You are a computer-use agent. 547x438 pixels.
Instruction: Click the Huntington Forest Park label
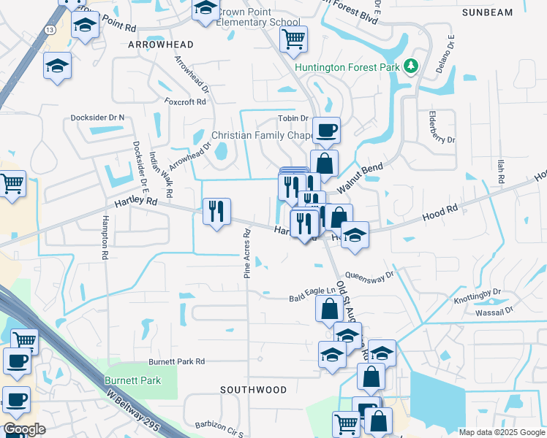[349, 68]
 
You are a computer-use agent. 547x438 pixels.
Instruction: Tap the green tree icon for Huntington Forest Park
[411, 67]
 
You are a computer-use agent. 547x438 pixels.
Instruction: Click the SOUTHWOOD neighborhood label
[254, 390]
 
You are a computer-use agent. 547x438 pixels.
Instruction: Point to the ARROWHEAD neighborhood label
[161, 45]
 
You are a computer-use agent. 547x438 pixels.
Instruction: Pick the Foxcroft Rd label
[185, 101]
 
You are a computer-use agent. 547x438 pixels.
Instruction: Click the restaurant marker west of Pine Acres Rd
[216, 211]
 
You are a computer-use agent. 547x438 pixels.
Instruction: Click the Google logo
[24, 429]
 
